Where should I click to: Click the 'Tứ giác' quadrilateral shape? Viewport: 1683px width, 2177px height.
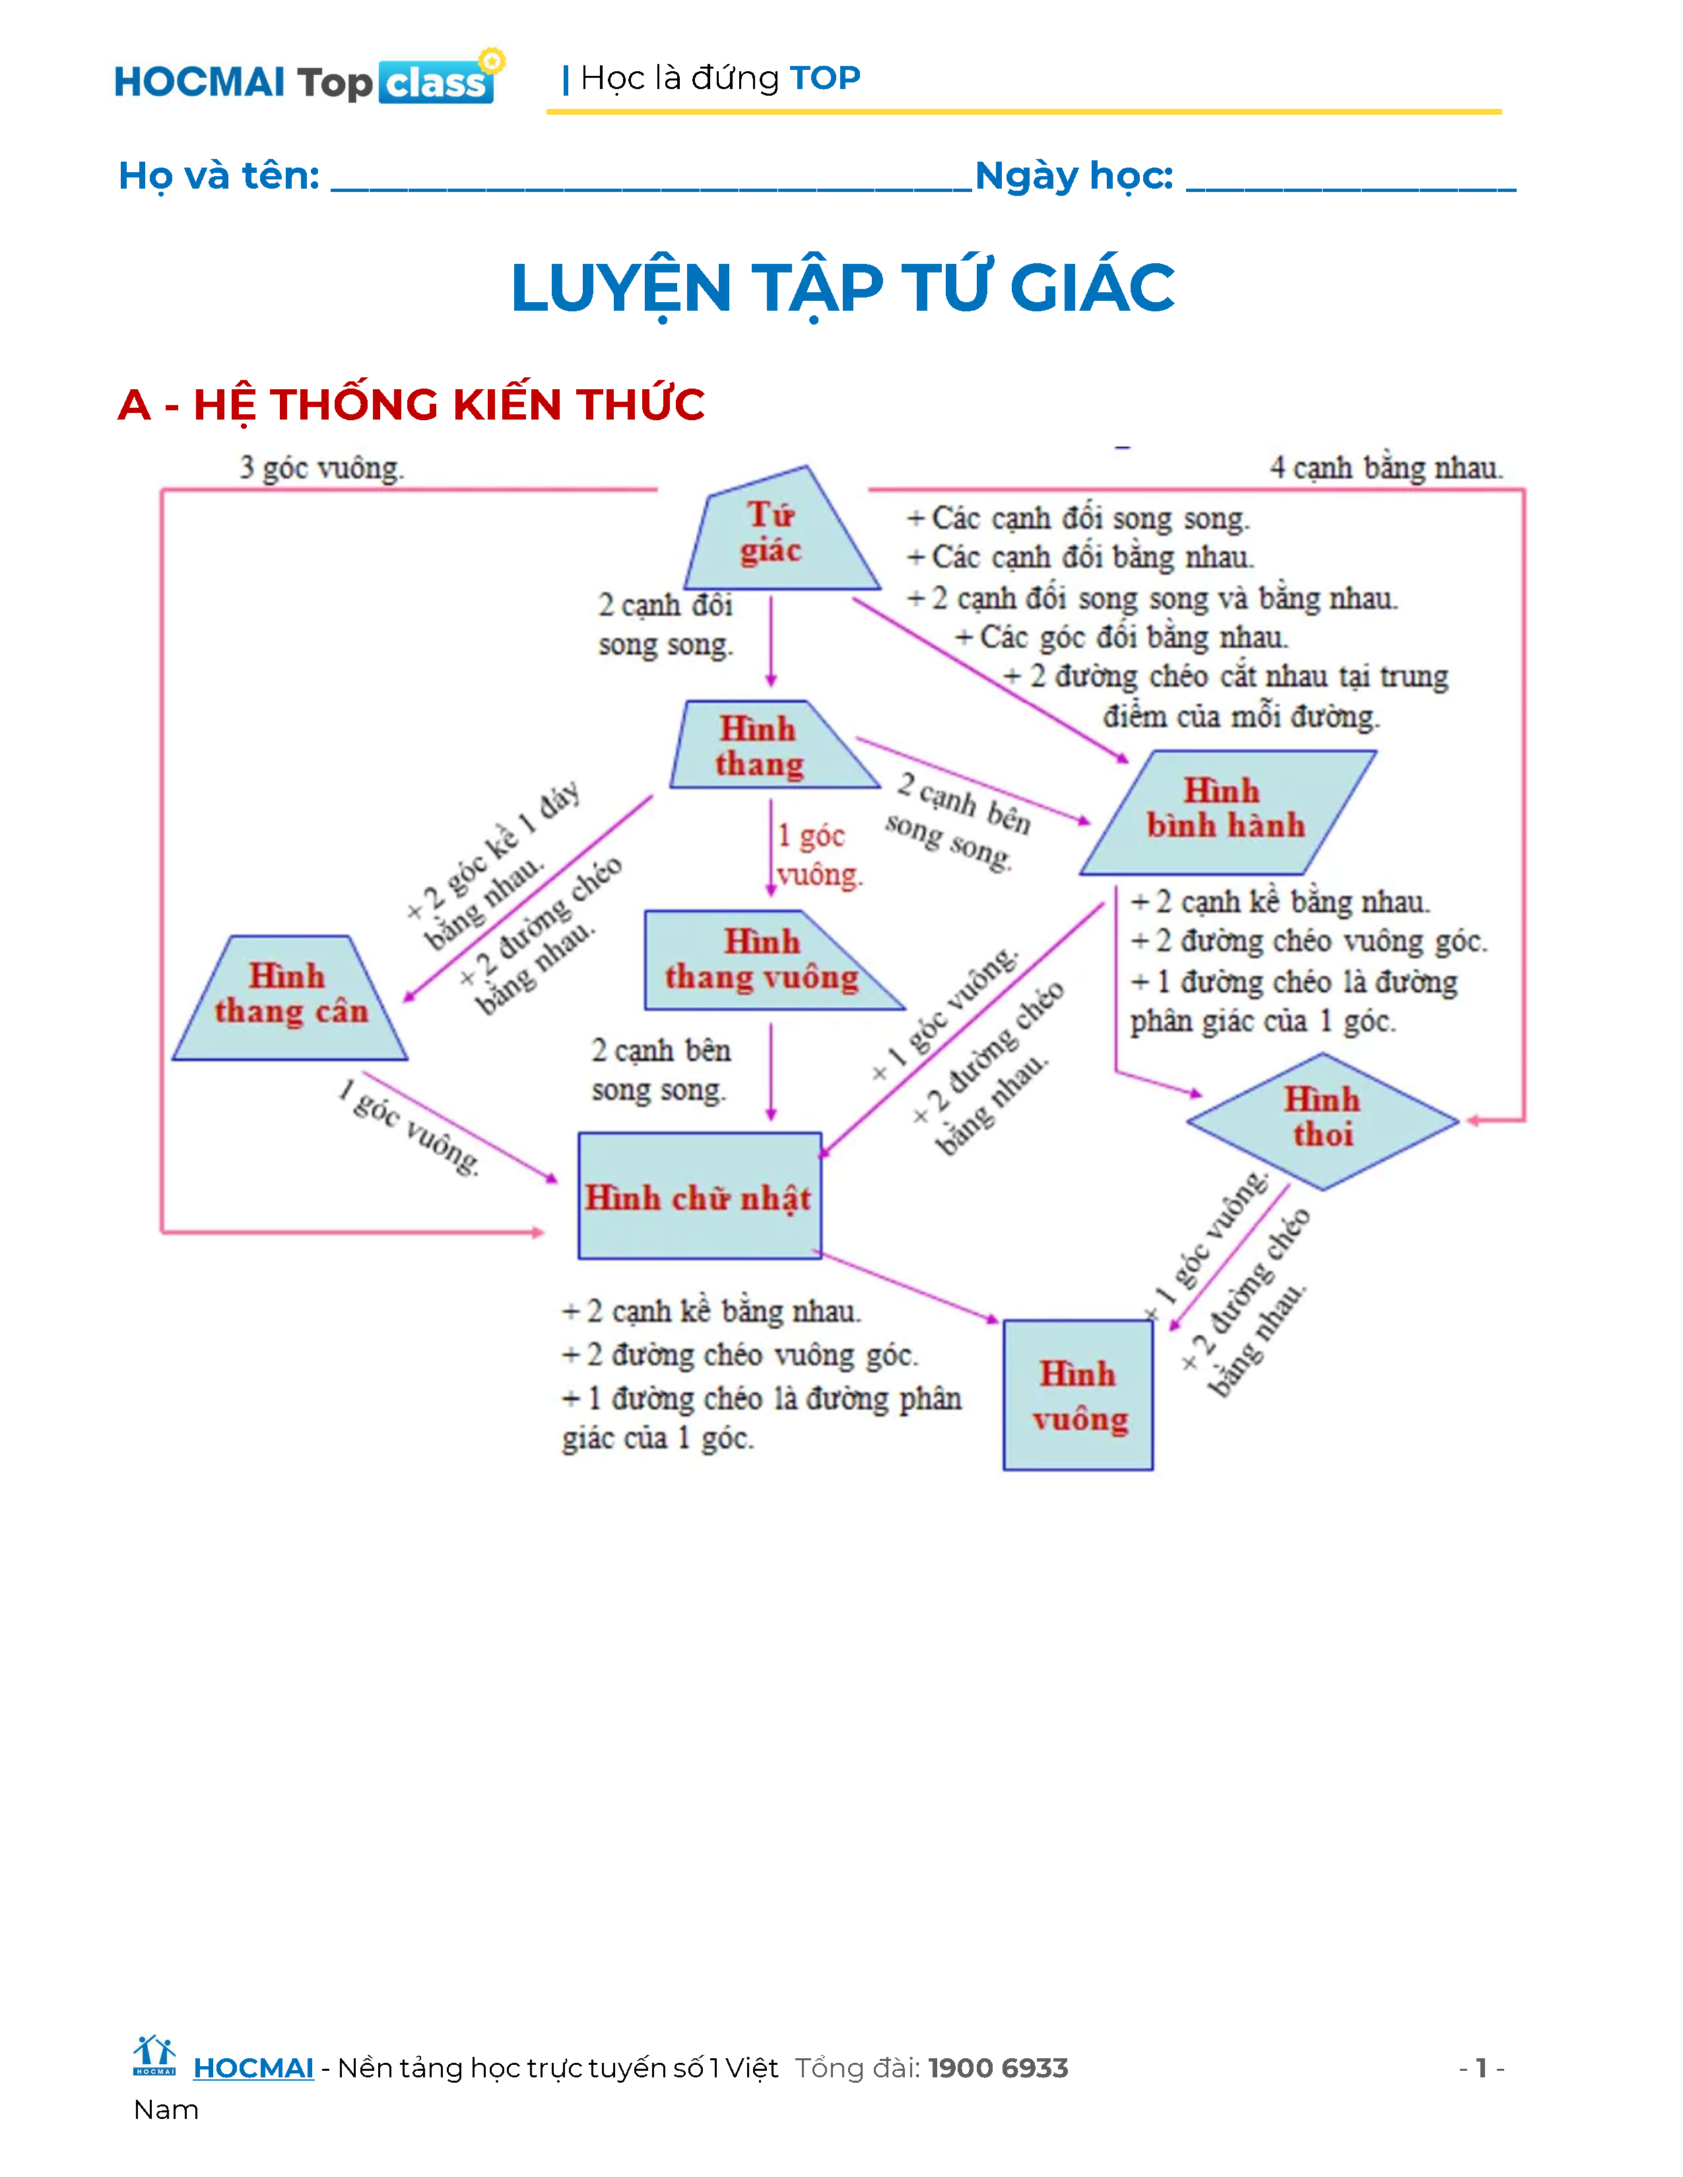(773, 533)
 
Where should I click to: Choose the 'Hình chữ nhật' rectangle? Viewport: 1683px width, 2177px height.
(700, 1196)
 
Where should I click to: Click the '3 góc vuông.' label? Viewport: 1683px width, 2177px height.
(321, 468)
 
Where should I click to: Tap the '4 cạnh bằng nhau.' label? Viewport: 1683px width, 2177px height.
(1386, 468)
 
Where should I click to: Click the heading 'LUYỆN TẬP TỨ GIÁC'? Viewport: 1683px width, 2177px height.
(843, 288)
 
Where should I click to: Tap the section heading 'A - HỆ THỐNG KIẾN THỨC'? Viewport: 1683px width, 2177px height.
(411, 404)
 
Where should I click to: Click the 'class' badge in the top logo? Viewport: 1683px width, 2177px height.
(436, 82)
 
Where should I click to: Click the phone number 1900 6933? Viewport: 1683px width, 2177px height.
(997, 2068)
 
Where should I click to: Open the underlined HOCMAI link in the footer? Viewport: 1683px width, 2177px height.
(253, 2068)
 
